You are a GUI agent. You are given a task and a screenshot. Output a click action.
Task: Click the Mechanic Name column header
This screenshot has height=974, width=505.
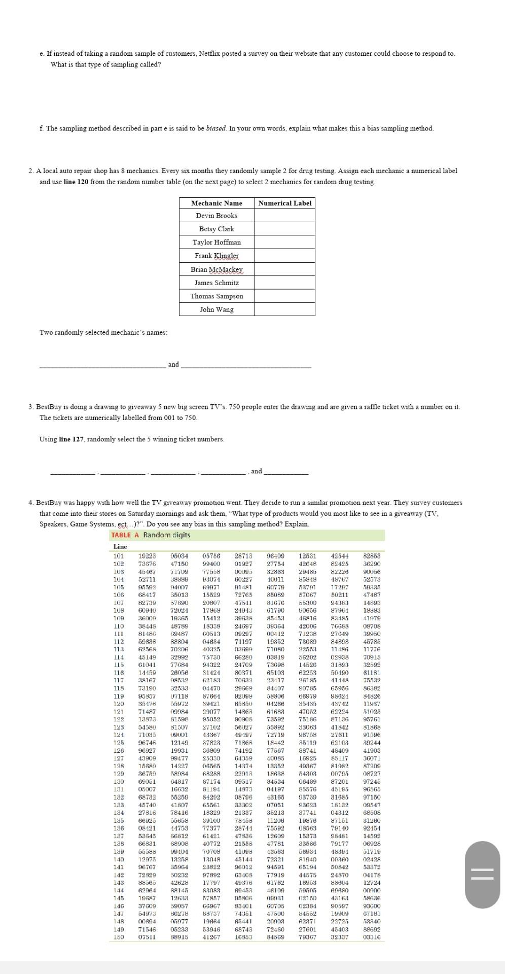[217, 203]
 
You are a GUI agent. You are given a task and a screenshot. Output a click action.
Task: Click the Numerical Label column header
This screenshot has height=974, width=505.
[284, 203]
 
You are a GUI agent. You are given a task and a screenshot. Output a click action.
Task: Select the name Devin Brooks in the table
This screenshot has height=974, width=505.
[217, 216]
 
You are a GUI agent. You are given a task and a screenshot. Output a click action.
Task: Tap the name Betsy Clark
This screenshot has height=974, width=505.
[217, 229]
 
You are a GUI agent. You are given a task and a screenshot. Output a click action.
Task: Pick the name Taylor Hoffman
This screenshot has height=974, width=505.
[217, 242]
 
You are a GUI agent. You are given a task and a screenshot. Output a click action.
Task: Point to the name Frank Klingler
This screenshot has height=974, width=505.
[217, 256]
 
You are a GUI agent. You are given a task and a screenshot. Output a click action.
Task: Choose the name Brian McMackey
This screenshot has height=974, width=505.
[217, 269]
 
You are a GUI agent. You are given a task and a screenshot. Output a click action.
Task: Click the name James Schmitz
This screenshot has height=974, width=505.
[217, 283]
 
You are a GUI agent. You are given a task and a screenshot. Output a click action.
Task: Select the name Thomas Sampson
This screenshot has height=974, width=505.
[217, 296]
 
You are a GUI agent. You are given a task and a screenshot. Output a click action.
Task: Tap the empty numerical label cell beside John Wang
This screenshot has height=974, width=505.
[284, 309]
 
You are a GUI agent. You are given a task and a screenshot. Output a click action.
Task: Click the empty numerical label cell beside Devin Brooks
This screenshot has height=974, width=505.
[284, 216]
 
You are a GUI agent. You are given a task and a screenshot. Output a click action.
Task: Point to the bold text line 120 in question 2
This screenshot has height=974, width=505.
[76, 182]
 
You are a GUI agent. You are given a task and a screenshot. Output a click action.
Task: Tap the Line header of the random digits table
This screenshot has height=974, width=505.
[120, 546]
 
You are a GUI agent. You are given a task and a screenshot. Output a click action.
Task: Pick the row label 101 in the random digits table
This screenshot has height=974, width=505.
[119, 556]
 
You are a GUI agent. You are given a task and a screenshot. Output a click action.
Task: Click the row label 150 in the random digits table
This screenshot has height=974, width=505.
[119, 937]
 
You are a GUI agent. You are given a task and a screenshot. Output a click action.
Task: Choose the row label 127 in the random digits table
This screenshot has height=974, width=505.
[119, 758]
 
